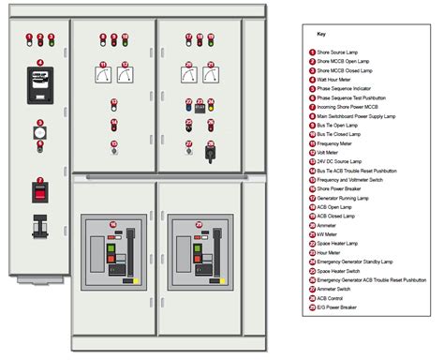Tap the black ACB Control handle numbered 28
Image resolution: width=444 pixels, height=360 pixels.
(212, 153)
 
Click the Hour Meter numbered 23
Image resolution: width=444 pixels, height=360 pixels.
(200, 107)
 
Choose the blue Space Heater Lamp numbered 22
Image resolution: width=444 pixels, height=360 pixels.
(187, 107)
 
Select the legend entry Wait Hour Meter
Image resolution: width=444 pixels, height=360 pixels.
(337, 81)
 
